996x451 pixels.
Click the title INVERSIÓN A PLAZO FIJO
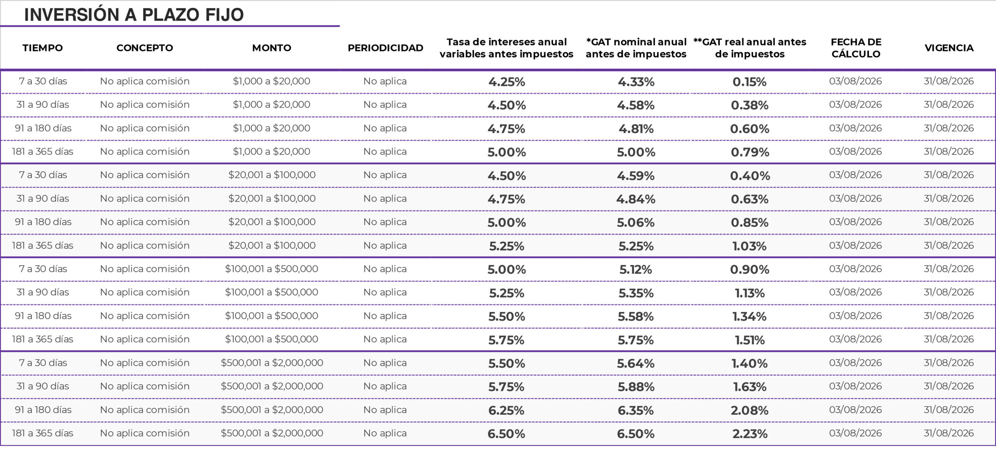click(x=134, y=15)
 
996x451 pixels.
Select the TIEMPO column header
click(x=43, y=48)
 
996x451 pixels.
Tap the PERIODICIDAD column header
click(x=385, y=48)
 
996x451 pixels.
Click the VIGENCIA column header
click(x=949, y=48)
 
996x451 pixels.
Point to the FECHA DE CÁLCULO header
click(x=856, y=48)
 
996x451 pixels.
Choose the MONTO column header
click(x=272, y=48)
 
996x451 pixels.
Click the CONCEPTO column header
click(x=145, y=48)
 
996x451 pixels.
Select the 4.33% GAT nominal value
click(x=636, y=82)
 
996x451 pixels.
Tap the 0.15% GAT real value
click(x=749, y=82)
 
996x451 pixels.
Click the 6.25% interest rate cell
click(x=506, y=410)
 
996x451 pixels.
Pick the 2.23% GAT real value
click(x=750, y=433)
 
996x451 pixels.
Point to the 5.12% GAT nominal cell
click(x=636, y=269)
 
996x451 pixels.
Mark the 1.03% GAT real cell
click(x=749, y=246)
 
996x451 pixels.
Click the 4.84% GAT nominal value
click(x=636, y=199)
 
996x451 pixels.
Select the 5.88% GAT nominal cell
click(x=636, y=387)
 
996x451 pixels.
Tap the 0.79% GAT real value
click(x=750, y=152)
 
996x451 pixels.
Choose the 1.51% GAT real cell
click(x=750, y=340)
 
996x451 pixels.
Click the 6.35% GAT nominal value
click(x=636, y=410)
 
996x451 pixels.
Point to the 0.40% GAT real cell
click(x=750, y=175)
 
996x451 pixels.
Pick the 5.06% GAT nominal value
click(x=636, y=223)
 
